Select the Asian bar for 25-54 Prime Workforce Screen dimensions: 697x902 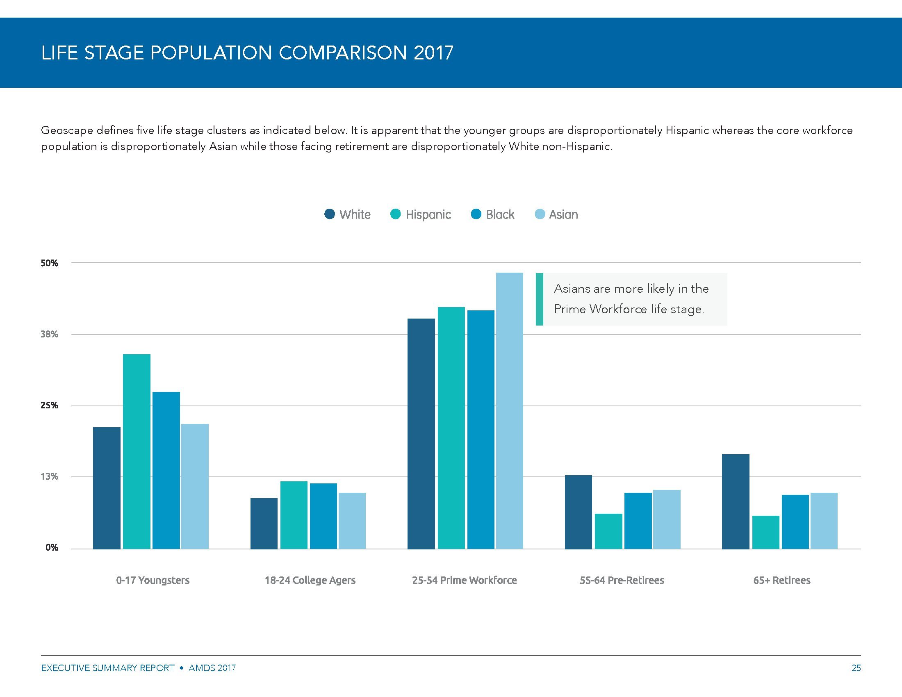[509, 410]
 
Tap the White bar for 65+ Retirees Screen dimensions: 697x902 [735, 501]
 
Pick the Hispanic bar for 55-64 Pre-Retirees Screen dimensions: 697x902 [608, 531]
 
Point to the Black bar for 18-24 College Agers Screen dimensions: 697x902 [323, 516]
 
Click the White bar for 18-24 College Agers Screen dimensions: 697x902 [264, 523]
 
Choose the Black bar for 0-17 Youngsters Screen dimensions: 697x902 [166, 470]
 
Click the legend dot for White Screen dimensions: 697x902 [330, 214]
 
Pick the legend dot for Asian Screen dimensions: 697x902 [540, 214]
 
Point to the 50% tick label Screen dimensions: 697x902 [50, 263]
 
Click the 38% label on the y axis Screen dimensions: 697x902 [50, 334]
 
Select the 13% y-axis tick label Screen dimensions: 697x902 [50, 476]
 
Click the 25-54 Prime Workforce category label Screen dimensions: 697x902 [464, 580]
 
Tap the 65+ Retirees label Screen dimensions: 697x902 [781, 580]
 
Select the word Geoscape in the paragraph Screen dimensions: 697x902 [66, 130]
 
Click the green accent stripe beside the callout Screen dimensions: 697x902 [539, 299]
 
